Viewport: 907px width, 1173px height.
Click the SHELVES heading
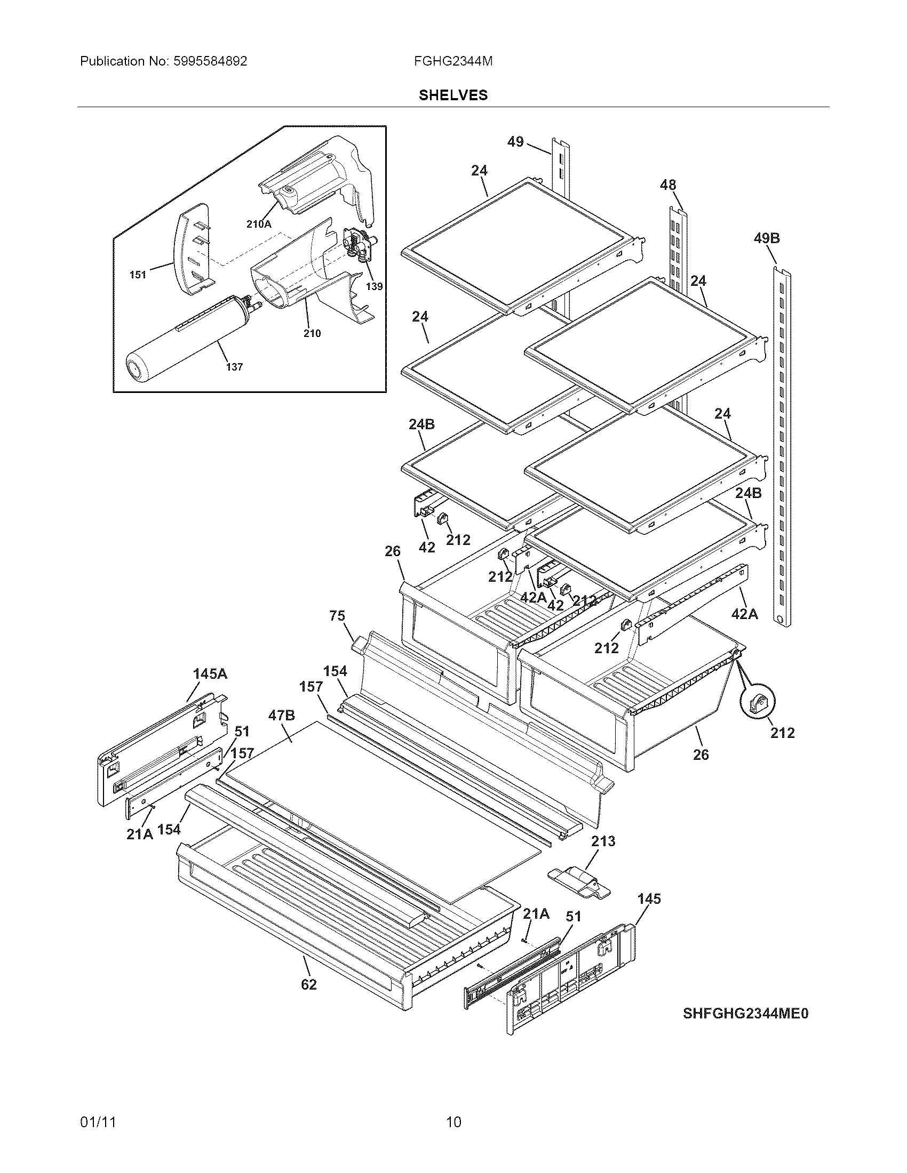pos(453,95)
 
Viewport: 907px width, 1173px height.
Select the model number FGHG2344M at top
pos(453,61)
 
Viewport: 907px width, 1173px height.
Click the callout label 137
pos(234,367)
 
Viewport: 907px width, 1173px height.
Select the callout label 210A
pos(258,224)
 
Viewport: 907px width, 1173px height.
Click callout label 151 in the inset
pos(138,275)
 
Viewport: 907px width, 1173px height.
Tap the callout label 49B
pos(767,238)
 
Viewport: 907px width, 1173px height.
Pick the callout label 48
pos(668,186)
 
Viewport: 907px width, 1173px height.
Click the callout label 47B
pos(282,716)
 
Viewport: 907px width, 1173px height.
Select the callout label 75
pos(337,615)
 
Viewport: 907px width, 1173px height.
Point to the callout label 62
pos(309,984)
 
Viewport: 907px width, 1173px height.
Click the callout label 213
pos(603,841)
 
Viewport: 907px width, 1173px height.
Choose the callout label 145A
pos(210,673)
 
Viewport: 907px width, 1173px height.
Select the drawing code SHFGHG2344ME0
pos(746,1014)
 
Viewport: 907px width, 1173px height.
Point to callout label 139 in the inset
pos(375,286)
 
